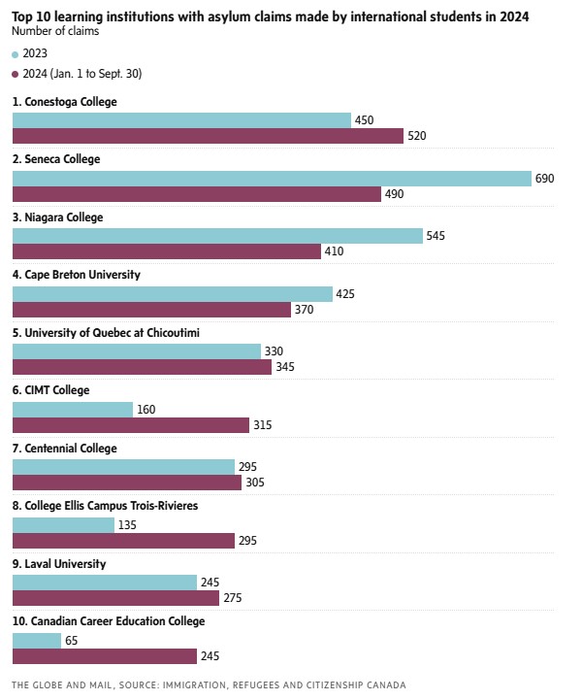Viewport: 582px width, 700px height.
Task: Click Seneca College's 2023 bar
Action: pyautogui.click(x=272, y=179)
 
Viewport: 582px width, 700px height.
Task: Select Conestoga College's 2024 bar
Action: pyautogui.click(x=208, y=136)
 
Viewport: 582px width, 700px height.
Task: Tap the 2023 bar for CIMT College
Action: pyautogui.click(x=73, y=410)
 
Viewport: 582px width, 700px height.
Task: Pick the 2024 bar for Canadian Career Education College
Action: pyautogui.click(x=105, y=656)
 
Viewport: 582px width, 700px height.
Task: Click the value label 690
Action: pyautogui.click(x=545, y=179)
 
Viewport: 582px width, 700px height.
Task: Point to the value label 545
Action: pyautogui.click(x=436, y=236)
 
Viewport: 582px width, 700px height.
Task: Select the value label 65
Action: pyautogui.click(x=71, y=641)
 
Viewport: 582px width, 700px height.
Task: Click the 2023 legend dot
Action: pyautogui.click(x=16, y=53)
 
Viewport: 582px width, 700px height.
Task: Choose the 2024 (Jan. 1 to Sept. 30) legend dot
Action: pyautogui.click(x=16, y=74)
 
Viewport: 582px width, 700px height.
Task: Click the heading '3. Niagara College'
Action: pyautogui.click(x=57, y=217)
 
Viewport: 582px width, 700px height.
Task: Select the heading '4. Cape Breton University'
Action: pyautogui.click(x=76, y=275)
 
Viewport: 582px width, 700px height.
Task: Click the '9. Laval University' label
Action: pyautogui.click(x=59, y=564)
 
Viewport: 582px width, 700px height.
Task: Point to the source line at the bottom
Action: pyautogui.click(x=209, y=684)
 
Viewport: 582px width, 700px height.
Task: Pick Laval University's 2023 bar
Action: pyautogui.click(x=105, y=583)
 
